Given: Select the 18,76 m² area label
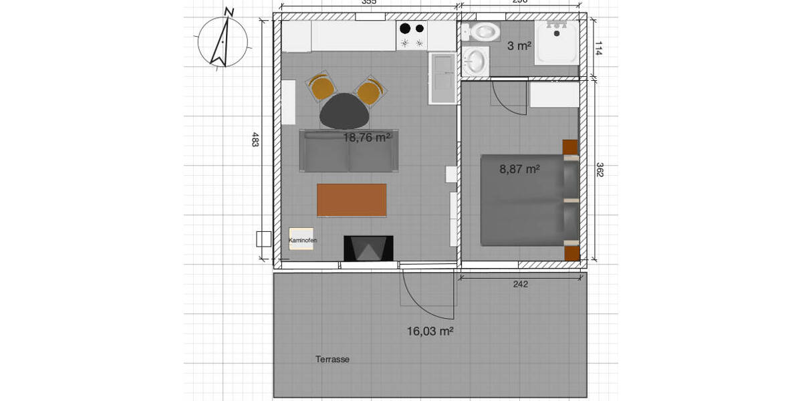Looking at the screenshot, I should pos(367,138).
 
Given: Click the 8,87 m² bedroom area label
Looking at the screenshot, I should pos(519,169).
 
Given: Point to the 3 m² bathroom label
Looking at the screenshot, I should pos(519,46).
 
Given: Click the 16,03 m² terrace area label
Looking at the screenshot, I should pos(430,331).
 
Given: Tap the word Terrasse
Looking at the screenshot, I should pos(332,360).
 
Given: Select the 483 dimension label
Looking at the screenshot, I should pos(255,140).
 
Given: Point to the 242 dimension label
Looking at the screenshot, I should pos(521,284).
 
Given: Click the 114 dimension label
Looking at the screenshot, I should pos(599,48).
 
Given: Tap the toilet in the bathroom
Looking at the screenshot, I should pos(481,31).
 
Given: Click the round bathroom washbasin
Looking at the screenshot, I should pos(475,61).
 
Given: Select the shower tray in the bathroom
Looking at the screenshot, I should pos(556,42).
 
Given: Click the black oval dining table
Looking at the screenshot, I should pos(345,112).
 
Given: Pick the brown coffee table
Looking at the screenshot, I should pos(352,200).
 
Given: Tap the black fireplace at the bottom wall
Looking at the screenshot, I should pos(368,249).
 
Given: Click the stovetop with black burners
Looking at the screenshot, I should pos(412,35).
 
